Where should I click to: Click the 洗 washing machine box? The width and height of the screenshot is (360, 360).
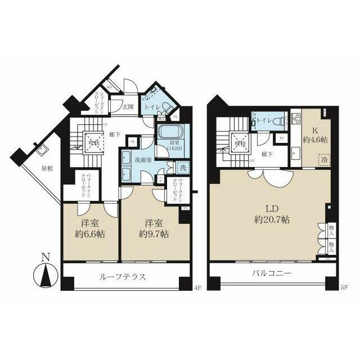pos(183,166)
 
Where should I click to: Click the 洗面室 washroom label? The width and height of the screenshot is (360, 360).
pos(141,159)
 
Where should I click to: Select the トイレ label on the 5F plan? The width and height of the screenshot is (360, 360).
pos(264,120)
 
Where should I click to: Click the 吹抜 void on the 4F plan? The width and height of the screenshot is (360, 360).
pos(92,140)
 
